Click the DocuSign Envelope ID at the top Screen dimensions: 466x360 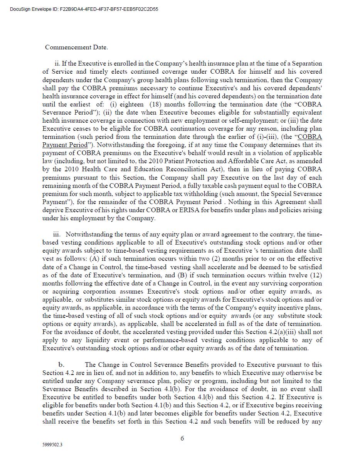[84, 9]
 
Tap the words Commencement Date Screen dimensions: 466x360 [76, 47]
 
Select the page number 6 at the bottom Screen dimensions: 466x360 [182, 438]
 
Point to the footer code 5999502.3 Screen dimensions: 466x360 [52, 445]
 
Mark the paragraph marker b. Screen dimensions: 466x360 [61, 365]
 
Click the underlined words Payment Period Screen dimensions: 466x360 [65, 145]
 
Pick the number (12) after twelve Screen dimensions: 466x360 [315, 275]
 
